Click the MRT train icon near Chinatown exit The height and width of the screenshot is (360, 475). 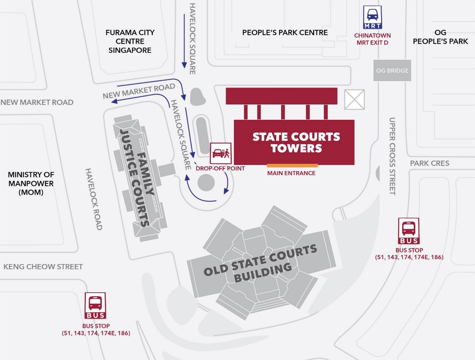point(372,17)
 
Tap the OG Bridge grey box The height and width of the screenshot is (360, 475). point(392,70)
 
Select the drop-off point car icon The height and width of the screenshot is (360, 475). point(220,153)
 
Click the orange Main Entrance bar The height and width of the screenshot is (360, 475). point(292,165)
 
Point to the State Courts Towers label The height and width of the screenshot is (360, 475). point(296,142)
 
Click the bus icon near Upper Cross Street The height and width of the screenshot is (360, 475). point(409,231)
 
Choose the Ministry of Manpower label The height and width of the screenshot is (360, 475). point(31,183)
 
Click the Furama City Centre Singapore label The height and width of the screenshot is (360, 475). point(130,41)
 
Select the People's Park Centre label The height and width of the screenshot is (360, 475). point(285,33)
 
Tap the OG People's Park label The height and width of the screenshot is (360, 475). point(440,37)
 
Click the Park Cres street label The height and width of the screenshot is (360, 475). point(429,163)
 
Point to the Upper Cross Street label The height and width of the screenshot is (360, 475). point(392,156)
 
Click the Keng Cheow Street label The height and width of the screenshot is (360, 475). point(43,267)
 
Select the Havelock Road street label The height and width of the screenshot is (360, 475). point(93,199)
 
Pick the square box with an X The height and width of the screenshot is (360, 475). point(354,99)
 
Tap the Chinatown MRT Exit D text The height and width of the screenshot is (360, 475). point(372,39)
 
